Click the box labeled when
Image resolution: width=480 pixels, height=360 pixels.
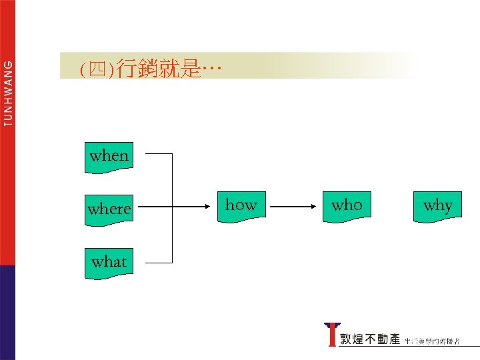[x=109, y=157]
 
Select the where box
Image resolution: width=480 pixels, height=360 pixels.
[x=109, y=209]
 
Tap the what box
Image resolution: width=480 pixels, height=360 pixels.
[x=109, y=262]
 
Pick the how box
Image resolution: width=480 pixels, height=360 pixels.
[x=241, y=205]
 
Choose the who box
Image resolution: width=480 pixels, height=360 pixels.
[x=347, y=205]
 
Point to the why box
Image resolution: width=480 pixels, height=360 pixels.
[x=438, y=205]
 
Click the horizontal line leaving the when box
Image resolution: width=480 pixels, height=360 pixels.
[x=159, y=154]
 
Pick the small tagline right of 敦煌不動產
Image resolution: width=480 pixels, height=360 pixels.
[x=440, y=341]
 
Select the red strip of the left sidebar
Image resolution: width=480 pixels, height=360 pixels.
[x=7, y=200]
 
